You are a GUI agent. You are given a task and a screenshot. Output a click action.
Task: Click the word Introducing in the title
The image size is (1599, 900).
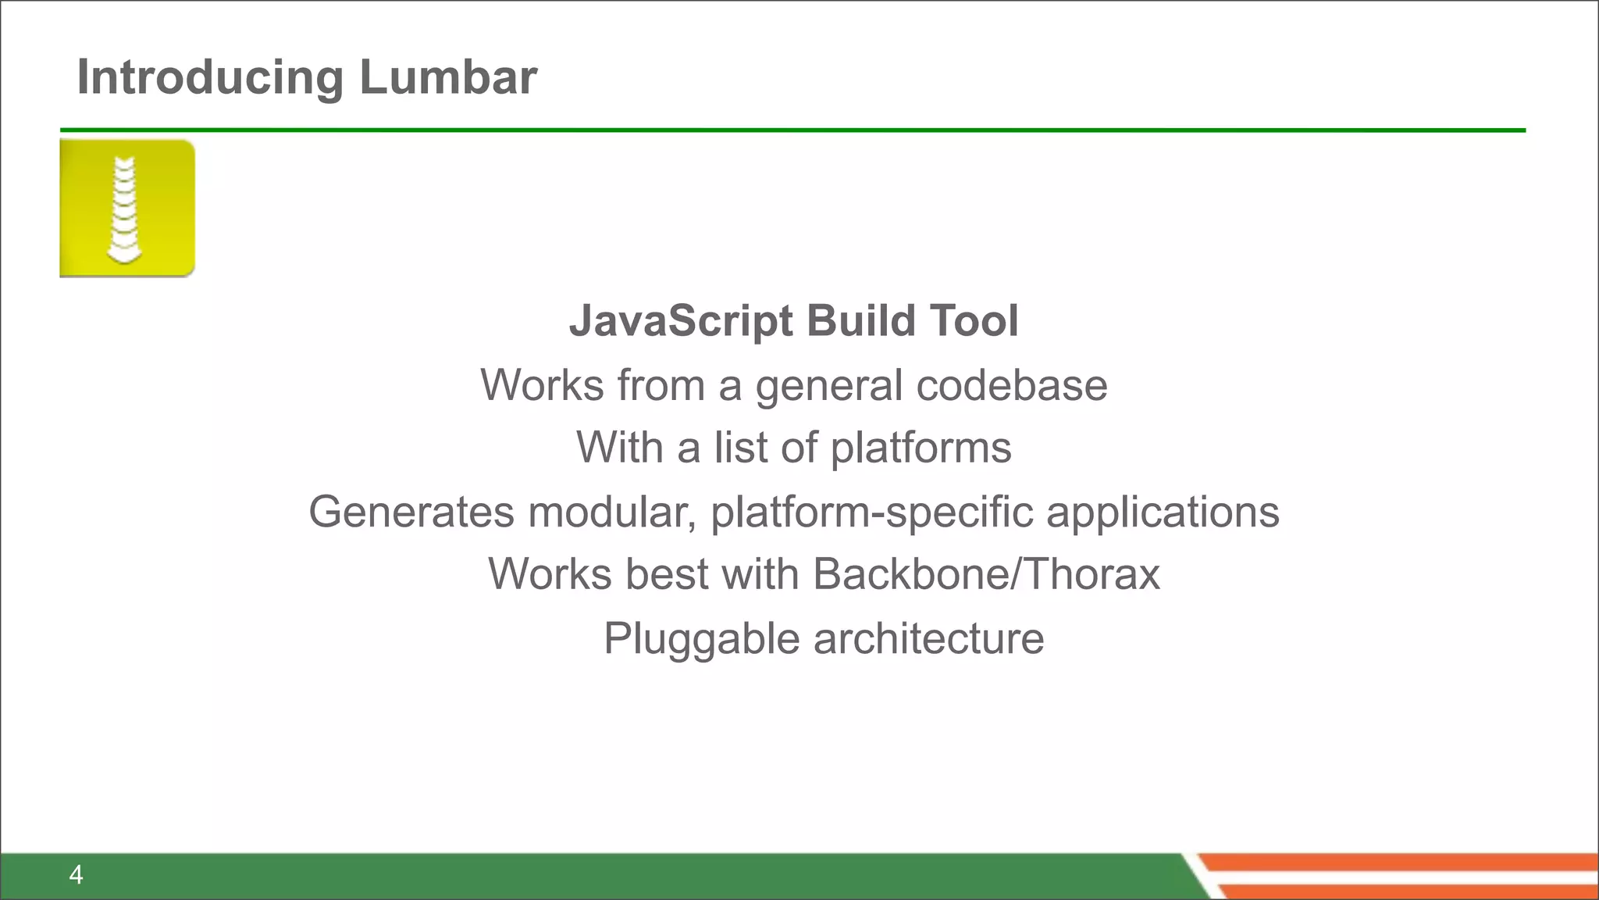pos(210,77)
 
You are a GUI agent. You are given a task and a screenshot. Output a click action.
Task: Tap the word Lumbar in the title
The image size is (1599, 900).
pos(448,77)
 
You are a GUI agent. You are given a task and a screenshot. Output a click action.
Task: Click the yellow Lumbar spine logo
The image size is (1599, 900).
pos(127,209)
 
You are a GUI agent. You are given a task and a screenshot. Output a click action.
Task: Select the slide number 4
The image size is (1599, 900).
pos(76,874)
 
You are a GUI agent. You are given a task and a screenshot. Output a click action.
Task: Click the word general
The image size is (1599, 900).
pos(828,387)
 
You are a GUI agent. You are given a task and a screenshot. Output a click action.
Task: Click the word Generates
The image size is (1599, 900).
pos(411,512)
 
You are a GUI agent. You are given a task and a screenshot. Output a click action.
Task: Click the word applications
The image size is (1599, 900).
pos(1163,513)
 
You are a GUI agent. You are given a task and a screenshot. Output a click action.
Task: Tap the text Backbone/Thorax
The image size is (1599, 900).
pos(986,574)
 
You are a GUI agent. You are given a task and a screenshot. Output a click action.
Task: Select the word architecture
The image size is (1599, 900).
pos(928,639)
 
